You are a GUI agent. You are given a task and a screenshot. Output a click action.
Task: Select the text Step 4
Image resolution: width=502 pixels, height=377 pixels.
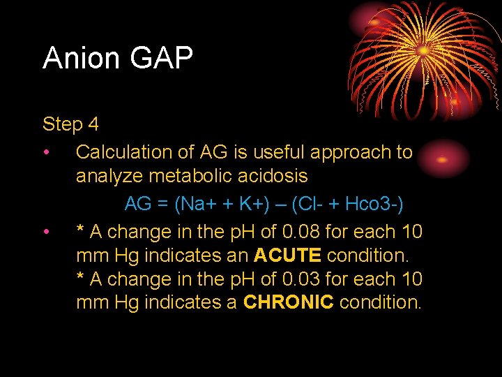tap(70, 125)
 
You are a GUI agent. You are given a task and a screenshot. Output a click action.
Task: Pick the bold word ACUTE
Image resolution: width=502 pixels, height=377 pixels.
tap(287, 256)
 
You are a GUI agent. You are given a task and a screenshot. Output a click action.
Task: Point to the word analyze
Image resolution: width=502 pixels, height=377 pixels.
tap(108, 176)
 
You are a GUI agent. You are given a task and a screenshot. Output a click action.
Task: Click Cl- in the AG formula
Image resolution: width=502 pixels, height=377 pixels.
tap(310, 205)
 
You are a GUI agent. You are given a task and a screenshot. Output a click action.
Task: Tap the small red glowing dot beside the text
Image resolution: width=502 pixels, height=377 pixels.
tap(441, 158)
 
